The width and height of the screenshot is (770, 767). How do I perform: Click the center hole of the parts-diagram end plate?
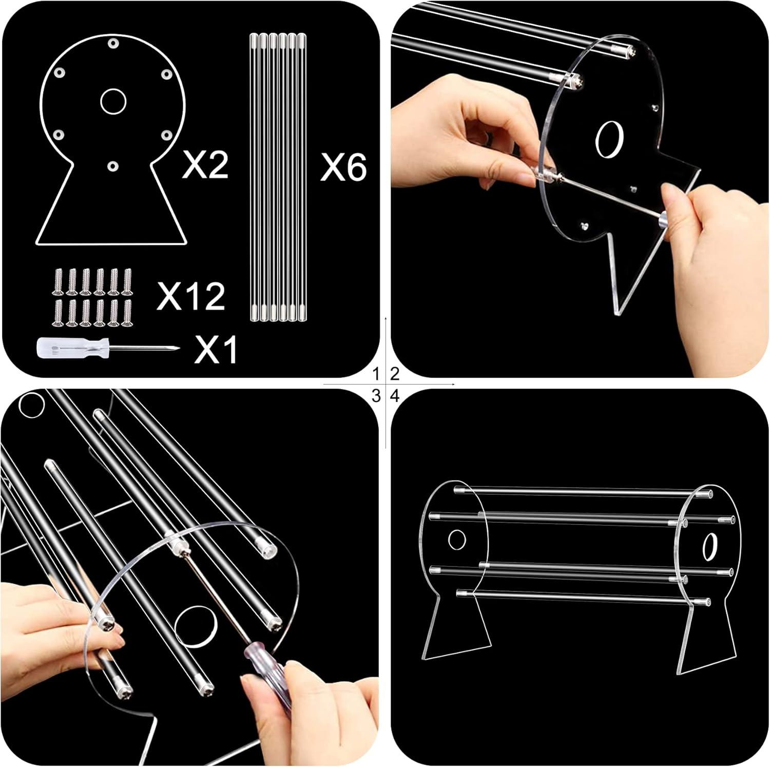(x=113, y=101)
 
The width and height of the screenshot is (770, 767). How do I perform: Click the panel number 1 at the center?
(x=377, y=373)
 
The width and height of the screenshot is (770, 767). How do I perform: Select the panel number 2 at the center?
(x=394, y=373)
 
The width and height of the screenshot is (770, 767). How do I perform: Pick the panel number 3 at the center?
(x=377, y=395)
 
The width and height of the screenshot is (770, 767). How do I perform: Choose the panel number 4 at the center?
(x=394, y=395)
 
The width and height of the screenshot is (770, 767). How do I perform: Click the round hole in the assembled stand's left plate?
(x=456, y=540)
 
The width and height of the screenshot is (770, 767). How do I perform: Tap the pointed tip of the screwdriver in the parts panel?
(x=178, y=348)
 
